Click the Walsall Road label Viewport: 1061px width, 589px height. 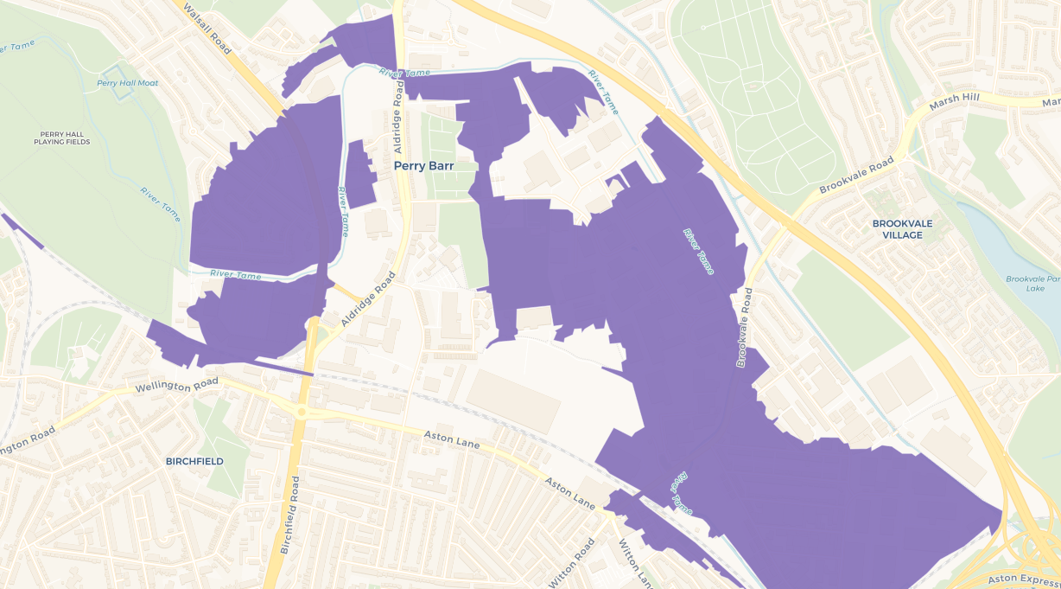click(207, 28)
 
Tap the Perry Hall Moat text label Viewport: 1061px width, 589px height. click(127, 83)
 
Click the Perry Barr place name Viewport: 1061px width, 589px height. click(423, 165)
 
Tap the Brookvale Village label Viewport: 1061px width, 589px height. click(903, 228)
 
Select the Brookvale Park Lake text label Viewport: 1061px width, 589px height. click(1033, 283)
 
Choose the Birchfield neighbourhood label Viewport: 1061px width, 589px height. click(194, 461)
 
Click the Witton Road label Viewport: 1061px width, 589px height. click(572, 562)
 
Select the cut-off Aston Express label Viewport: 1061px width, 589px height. click(1025, 577)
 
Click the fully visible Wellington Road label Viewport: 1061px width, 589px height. click(177, 384)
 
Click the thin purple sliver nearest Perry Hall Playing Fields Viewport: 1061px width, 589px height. click(22, 231)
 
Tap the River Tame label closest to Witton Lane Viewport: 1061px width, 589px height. click(681, 492)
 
